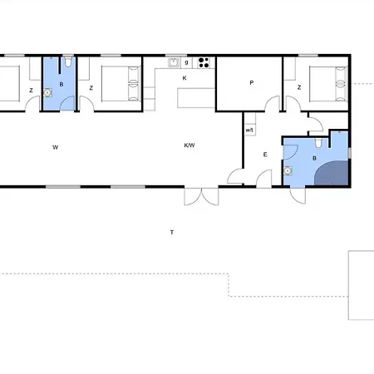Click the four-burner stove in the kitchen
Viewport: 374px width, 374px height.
(x=204, y=62)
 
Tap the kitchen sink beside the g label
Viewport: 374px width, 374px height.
(x=174, y=62)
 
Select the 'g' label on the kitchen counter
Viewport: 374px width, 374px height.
(x=186, y=62)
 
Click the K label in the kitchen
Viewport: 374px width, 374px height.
(x=185, y=78)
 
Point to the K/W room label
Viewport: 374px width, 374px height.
(x=189, y=145)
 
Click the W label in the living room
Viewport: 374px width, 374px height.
(x=56, y=147)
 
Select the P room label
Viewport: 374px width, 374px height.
(x=252, y=82)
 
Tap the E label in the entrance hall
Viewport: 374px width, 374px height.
(x=265, y=155)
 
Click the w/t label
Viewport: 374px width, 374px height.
(x=249, y=130)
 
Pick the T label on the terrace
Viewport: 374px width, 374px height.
(x=172, y=232)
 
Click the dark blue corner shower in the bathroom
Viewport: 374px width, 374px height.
(x=332, y=173)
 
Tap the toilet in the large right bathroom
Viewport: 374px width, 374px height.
(x=318, y=142)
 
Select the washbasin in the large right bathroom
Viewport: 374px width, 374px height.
(x=288, y=171)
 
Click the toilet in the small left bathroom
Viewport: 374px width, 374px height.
(x=68, y=62)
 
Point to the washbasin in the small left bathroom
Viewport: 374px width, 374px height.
(x=48, y=92)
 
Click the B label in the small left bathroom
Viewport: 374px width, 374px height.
(x=62, y=84)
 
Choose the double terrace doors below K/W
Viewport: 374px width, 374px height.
(x=201, y=196)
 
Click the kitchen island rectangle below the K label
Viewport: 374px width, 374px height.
(x=196, y=98)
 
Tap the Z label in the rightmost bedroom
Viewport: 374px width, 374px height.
(x=299, y=87)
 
